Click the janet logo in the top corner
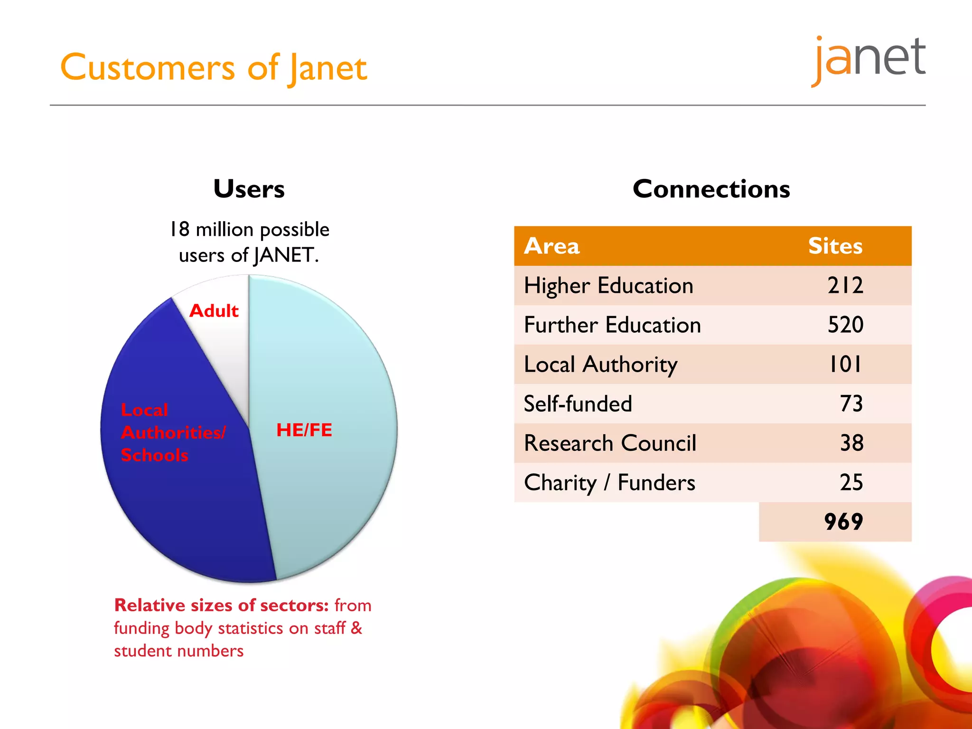tap(869, 59)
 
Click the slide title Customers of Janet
tap(214, 68)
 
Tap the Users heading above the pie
tap(249, 189)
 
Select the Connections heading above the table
tap(711, 189)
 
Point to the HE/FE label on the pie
tap(304, 430)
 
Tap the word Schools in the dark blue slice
tap(154, 455)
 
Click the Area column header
tap(551, 246)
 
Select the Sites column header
tap(835, 246)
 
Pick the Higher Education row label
tap(608, 286)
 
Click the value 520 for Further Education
tap(845, 325)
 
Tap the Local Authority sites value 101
tap(845, 364)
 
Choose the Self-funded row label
tap(578, 404)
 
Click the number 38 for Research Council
tap(851, 443)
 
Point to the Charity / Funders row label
tap(609, 483)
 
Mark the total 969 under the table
tap(843, 522)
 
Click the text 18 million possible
tap(249, 230)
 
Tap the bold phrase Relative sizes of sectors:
tap(221, 606)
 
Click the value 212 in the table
tap(845, 286)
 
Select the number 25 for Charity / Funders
tap(851, 483)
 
